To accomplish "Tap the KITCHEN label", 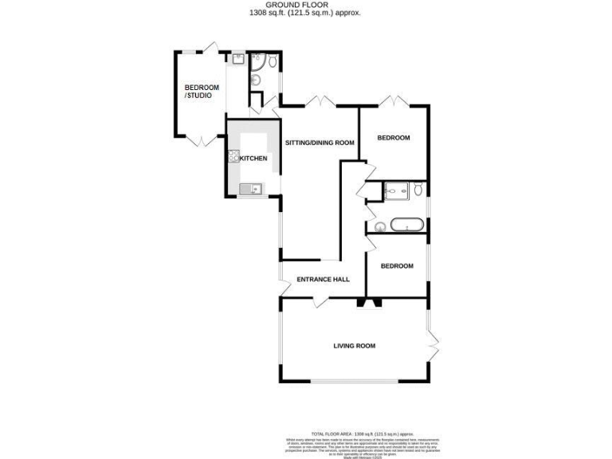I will click(253, 159).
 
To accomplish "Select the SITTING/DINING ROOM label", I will click(319, 143).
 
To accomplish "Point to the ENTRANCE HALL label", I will click(323, 279).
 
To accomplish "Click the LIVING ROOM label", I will click(354, 346).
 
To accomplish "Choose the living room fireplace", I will click(367, 302).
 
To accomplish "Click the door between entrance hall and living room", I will click(320, 300).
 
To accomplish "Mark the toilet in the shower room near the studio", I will click(273, 61).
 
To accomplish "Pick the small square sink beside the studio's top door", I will click(238, 58).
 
